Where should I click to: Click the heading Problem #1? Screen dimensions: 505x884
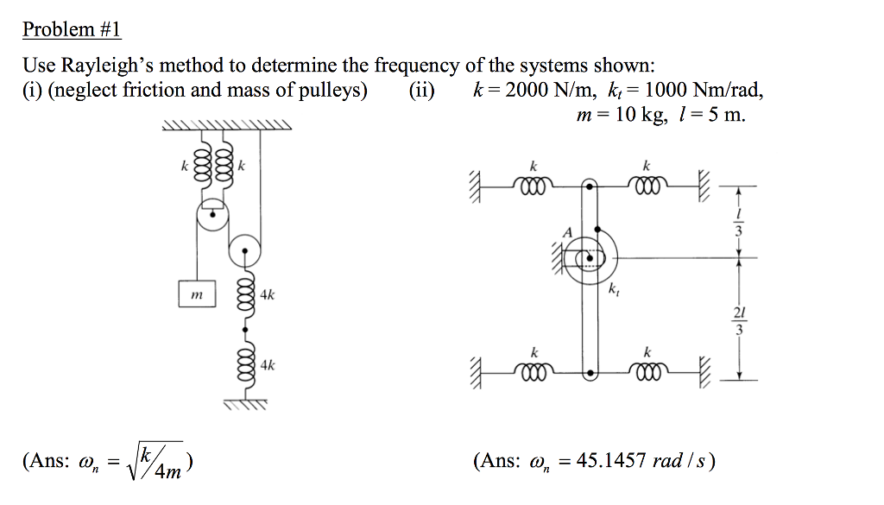coord(72,30)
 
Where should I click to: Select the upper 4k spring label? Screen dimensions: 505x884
coord(268,295)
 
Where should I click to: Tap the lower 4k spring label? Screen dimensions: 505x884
coord(268,365)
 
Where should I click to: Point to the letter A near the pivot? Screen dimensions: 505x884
coord(567,231)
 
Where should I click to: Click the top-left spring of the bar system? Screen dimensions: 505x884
coord(534,184)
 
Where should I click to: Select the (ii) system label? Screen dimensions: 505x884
coord(422,91)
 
